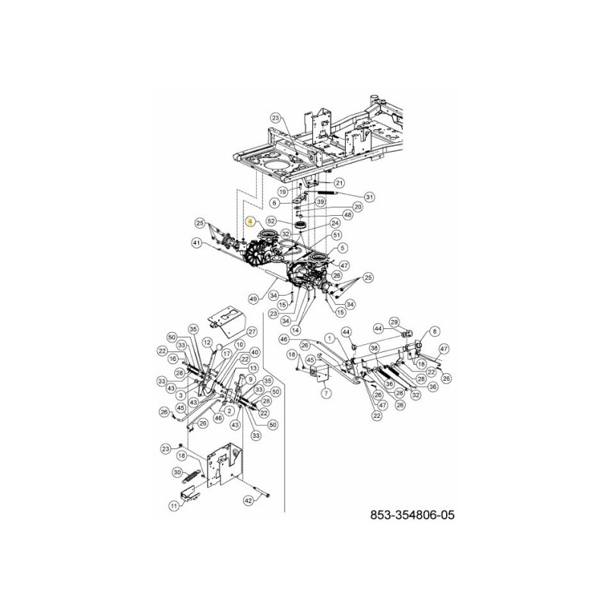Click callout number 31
point(369,197)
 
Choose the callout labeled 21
point(339,182)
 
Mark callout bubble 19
point(282,192)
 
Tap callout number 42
point(248,501)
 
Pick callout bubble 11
point(174,505)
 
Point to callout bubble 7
point(325,394)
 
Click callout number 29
point(394,322)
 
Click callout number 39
point(321,201)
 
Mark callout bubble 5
point(342,248)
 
